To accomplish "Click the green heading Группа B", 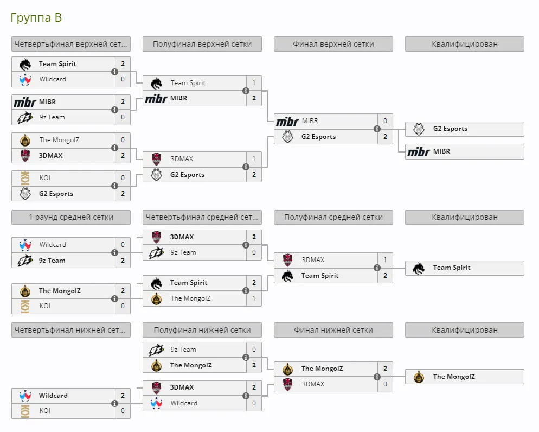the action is click(36, 17).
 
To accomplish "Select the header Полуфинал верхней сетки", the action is click(202, 44).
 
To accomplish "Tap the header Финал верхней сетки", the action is click(333, 44).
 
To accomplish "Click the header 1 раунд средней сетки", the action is click(71, 217).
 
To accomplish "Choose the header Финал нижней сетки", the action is click(333, 330).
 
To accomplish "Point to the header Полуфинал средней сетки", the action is click(333, 217).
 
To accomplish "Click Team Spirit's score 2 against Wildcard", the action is click(123, 64).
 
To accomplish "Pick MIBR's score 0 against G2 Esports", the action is click(385, 120).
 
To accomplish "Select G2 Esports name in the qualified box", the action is click(450, 129).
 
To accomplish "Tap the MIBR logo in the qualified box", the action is click(419, 151).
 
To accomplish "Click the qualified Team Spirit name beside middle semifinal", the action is click(452, 268).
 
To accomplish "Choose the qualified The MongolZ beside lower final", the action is click(454, 377).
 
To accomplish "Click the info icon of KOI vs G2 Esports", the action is click(114, 186).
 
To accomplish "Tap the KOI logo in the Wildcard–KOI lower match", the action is click(25, 411).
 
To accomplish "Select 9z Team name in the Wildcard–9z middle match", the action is click(52, 261).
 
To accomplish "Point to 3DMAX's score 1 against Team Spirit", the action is click(385, 259).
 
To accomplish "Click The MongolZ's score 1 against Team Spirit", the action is click(254, 298).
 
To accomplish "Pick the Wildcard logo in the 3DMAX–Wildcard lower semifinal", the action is click(156, 403).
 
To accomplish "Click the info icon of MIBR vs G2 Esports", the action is click(377, 129).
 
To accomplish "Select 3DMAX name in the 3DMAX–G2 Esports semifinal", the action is click(182, 159).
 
